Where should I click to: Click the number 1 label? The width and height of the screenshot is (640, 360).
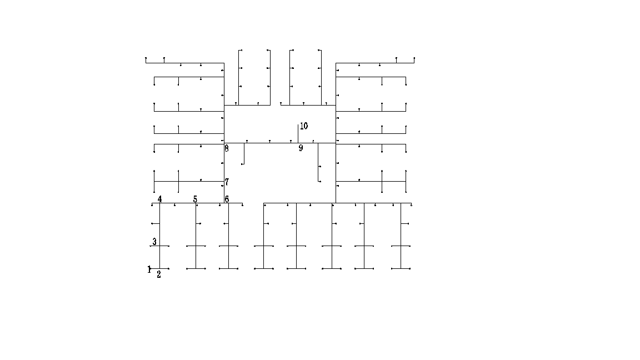(149, 269)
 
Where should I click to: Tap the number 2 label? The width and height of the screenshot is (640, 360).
(159, 274)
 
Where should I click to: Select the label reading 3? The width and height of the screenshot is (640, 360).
(154, 242)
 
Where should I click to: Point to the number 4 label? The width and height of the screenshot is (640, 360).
(159, 199)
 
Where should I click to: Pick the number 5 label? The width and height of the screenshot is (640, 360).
(195, 199)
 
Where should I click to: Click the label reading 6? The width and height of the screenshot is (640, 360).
(227, 199)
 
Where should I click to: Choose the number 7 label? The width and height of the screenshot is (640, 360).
(227, 182)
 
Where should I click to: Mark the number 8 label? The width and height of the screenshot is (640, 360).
(227, 148)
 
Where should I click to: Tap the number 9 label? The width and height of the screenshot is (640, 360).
(301, 148)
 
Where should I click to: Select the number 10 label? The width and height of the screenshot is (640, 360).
(304, 126)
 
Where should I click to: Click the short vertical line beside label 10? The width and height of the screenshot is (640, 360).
(298, 134)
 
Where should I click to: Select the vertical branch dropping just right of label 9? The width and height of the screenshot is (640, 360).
(318, 162)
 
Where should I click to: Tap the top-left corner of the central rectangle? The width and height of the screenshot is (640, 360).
(224, 106)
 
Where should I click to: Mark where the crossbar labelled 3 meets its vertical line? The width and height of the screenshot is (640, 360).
(159, 246)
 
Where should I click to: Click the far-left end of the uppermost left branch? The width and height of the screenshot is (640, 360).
(146, 63)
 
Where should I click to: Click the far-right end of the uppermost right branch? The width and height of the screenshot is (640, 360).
(414, 63)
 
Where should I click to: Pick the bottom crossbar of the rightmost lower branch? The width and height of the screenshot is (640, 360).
(401, 268)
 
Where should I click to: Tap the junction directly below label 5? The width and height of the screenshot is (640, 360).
(196, 203)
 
